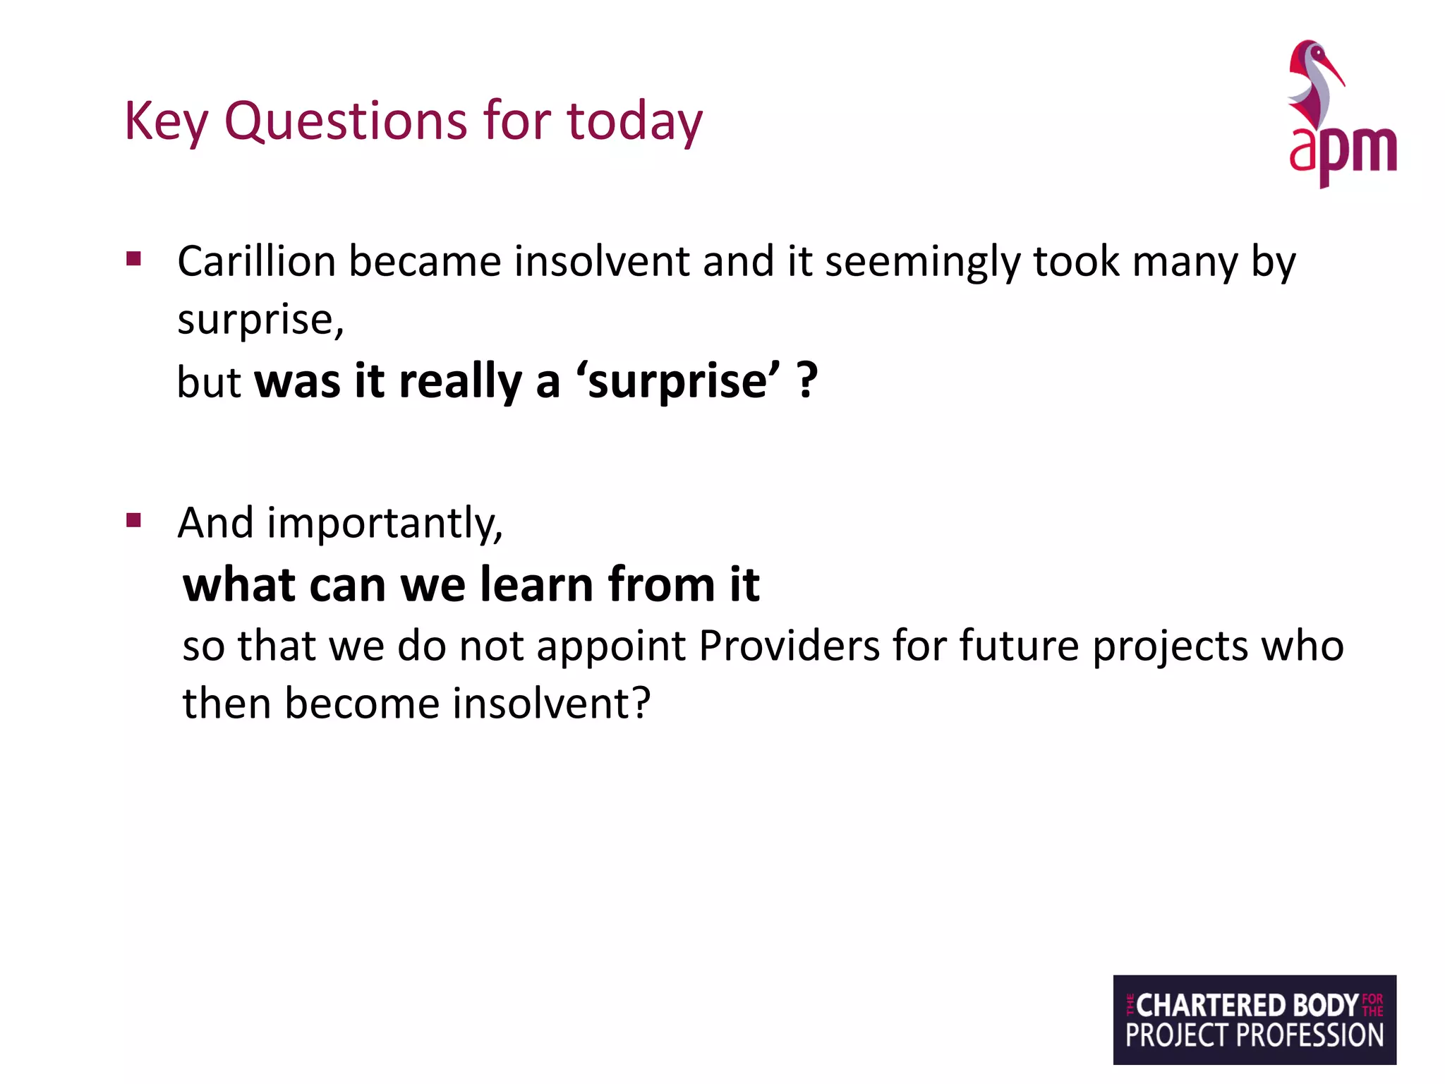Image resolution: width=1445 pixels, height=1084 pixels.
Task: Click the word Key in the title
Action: [166, 121]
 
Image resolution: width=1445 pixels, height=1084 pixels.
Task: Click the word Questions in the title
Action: [346, 121]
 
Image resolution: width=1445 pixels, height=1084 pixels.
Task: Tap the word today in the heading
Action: [634, 121]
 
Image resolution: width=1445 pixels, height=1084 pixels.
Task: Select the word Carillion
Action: [256, 261]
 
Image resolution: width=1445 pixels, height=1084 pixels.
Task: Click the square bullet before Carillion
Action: [133, 258]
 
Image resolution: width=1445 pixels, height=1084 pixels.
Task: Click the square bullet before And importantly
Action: [133, 521]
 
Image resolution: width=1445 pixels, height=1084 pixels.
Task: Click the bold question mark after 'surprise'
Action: [807, 381]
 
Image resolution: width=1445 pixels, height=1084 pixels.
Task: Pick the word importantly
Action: [385, 524]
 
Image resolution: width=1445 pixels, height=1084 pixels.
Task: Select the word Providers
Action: [789, 645]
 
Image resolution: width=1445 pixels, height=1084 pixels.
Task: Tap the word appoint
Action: [611, 646]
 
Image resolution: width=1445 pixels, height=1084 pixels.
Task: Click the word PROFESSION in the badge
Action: [1310, 1035]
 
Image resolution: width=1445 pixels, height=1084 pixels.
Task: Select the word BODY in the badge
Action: [1325, 1005]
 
